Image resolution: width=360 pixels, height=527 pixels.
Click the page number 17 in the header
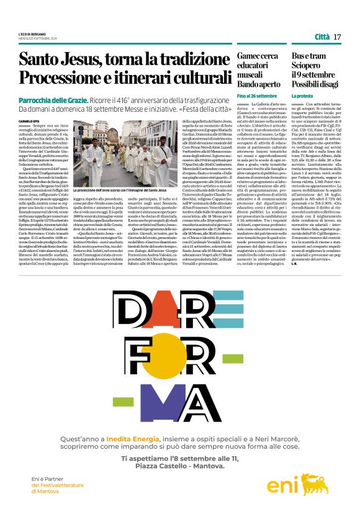click(x=337, y=37)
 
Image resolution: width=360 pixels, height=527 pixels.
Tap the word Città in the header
click(x=322, y=37)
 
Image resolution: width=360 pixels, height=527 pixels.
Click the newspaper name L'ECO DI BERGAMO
click(x=32, y=33)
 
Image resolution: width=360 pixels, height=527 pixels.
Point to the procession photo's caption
click(x=120, y=190)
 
